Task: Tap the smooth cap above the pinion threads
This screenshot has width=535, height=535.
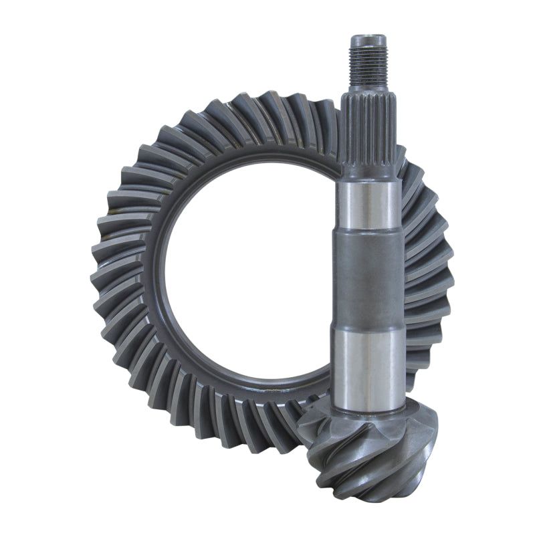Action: (x=368, y=39)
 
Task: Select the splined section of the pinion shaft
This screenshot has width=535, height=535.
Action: (x=368, y=134)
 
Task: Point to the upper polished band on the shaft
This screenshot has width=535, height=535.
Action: (x=368, y=204)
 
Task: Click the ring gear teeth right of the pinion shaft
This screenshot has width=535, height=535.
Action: (x=428, y=267)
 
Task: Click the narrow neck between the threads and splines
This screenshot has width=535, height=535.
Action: (x=368, y=90)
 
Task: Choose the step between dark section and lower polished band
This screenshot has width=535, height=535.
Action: (x=368, y=328)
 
